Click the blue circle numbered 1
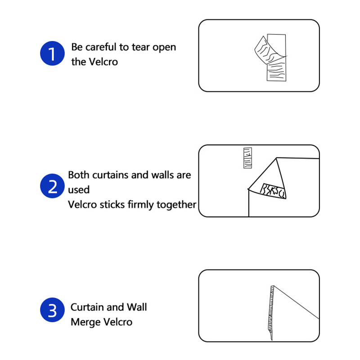[x=52, y=53]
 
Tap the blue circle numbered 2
[x=52, y=186]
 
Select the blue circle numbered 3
[x=52, y=310]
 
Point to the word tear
[x=141, y=47]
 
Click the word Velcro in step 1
[x=103, y=62]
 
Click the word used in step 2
[x=79, y=190]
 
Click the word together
[x=176, y=205]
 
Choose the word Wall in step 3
[x=137, y=307]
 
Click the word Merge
[x=85, y=322]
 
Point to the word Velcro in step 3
[x=117, y=322]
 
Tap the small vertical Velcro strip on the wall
[x=247, y=158]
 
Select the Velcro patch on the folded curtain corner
[x=273, y=191]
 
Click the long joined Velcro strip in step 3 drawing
[x=271, y=313]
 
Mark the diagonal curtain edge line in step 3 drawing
[x=297, y=302]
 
